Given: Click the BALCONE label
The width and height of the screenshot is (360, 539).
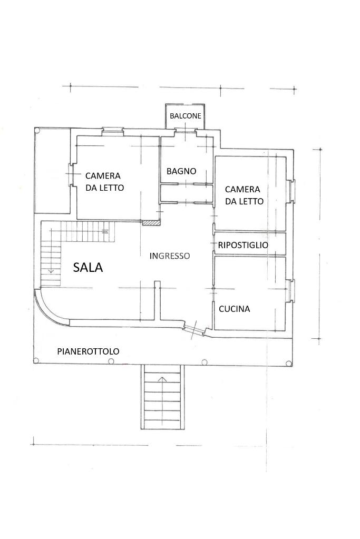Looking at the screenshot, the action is point(186,116).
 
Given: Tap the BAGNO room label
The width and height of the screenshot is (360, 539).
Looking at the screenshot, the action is point(181,171).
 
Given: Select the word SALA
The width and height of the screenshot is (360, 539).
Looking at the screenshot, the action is point(88,267).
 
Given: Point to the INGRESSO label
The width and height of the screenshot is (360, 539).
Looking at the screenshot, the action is point(170,256).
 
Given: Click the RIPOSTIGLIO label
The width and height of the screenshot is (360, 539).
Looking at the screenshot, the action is point(243,245).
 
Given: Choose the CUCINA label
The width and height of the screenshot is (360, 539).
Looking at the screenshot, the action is point(234,309).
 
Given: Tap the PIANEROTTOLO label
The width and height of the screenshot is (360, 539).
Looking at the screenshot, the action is point(88,351).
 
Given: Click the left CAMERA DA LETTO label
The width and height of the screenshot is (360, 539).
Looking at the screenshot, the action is point(104,181).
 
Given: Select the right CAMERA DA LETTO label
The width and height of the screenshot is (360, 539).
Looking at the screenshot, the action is point(244,195).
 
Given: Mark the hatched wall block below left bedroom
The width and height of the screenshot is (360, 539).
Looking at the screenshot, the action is point(152,223).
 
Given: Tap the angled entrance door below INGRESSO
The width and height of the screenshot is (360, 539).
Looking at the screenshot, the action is point(194,329).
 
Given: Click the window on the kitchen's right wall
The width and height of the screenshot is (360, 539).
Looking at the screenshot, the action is point(291,289).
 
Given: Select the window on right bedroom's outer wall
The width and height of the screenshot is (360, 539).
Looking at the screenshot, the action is point(291,190).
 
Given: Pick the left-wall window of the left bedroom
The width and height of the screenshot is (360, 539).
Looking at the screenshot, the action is point(71,174).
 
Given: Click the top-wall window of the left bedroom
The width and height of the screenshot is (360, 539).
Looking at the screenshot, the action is point(113,130).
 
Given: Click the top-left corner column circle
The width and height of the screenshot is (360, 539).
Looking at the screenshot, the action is point(37,130).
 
